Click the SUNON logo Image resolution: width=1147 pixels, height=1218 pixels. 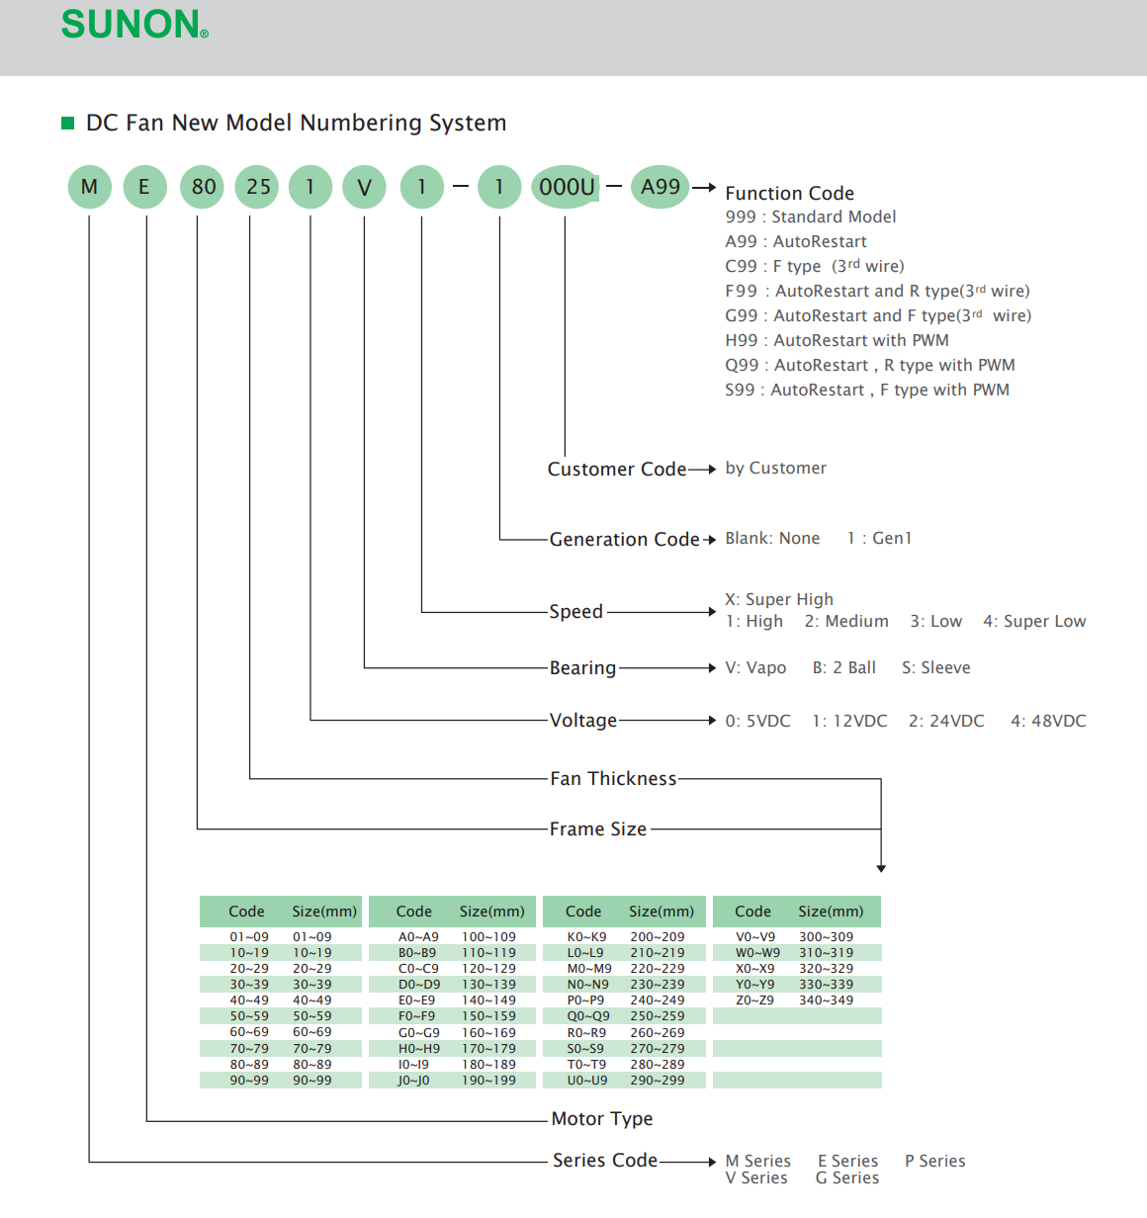point(134,25)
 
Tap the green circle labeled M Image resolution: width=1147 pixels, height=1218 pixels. point(89,187)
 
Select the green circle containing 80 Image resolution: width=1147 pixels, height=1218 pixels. point(204,187)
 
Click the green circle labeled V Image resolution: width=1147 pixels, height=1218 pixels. point(364,187)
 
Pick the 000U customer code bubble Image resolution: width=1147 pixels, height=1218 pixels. point(567,187)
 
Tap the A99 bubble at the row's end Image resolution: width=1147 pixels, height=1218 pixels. point(661,187)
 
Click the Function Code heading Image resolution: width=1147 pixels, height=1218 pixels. point(789,194)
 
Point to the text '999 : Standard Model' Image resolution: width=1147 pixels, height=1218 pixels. point(810,217)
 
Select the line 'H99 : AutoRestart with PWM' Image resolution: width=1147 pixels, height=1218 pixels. point(837,340)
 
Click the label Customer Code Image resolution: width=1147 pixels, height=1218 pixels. point(617,469)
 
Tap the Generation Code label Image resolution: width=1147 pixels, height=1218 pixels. point(624,539)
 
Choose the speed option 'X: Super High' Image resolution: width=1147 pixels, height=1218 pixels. point(779,599)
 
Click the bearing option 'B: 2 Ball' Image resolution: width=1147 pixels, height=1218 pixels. point(843,668)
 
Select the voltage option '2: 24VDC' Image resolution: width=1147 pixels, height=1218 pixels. point(946,721)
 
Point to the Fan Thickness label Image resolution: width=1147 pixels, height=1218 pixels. point(613,779)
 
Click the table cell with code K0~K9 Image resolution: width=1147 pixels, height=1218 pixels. point(586,937)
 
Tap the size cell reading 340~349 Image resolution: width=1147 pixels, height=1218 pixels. point(826,1000)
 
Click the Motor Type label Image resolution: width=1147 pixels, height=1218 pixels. point(602,1119)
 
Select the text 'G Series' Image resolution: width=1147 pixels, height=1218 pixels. point(847,1178)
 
